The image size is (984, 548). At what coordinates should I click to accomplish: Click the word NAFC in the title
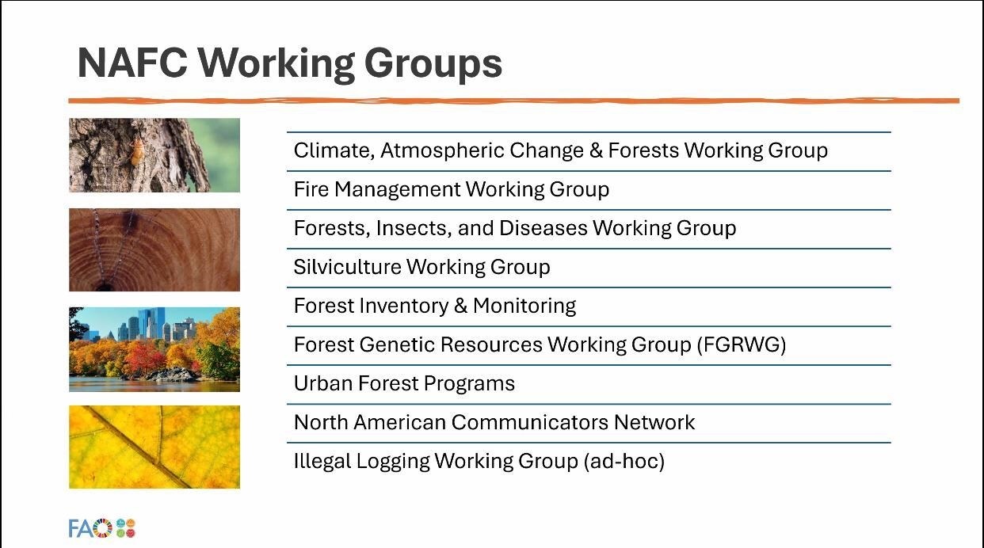[x=132, y=63]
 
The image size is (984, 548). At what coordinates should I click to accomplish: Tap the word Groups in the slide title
[x=433, y=65]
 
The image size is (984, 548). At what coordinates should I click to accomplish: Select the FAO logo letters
[x=90, y=528]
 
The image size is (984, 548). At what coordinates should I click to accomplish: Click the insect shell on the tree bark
[x=138, y=150]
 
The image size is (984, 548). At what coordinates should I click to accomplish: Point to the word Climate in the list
[x=334, y=151]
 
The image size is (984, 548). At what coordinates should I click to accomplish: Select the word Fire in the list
[x=311, y=189]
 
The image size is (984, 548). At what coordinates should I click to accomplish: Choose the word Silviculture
[x=347, y=267]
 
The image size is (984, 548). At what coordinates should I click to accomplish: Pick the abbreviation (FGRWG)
[x=742, y=344]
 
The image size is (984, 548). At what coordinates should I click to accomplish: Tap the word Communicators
[x=530, y=422]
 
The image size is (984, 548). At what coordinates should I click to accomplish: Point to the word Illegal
[x=322, y=462]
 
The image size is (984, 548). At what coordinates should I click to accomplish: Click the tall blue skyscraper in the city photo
[x=151, y=323]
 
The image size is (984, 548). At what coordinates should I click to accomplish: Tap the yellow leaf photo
[x=154, y=447]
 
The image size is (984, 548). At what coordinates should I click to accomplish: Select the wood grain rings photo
[x=154, y=250]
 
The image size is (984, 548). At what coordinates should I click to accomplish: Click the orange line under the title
[x=513, y=101]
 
